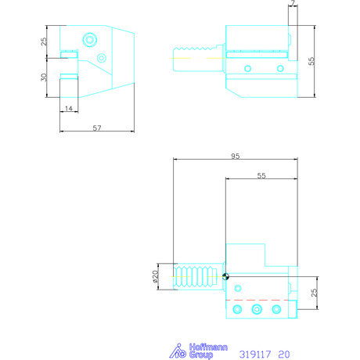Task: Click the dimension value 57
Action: (x=96, y=127)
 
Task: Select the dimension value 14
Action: (x=69, y=108)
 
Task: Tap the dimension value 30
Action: (x=45, y=77)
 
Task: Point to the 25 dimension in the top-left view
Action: (x=45, y=40)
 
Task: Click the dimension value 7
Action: (x=291, y=5)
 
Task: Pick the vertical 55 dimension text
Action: (x=311, y=62)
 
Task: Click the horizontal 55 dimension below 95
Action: (x=261, y=177)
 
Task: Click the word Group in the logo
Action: (x=200, y=355)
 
